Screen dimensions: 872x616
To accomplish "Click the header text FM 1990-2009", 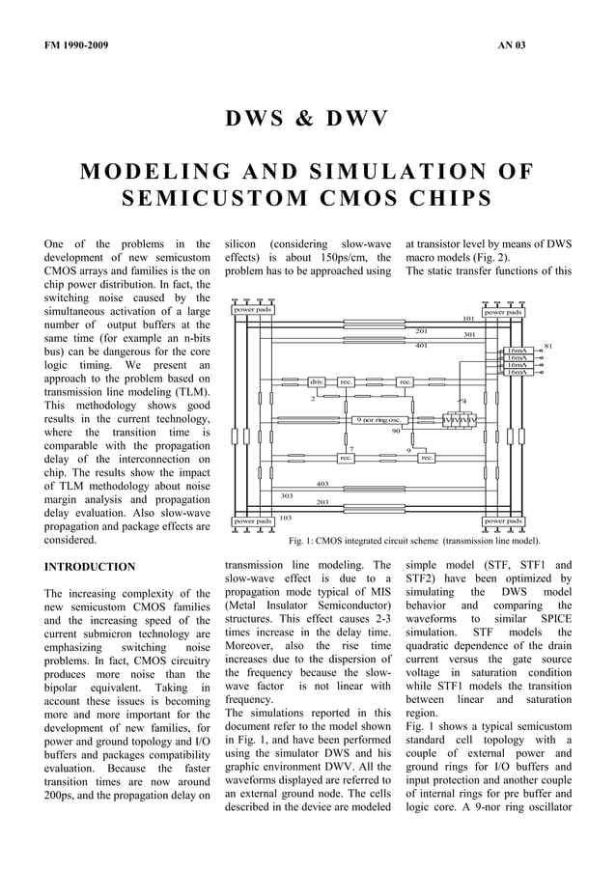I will coord(76,45).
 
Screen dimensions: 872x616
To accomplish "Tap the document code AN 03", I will coord(512,45).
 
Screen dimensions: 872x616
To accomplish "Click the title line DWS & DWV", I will coord(307,119).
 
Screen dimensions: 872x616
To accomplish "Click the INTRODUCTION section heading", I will coord(90,566).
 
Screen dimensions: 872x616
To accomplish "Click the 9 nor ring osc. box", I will coord(379,420).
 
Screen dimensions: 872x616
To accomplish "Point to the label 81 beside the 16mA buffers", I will coord(548,344).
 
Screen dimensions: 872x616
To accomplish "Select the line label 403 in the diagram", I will coord(322,484).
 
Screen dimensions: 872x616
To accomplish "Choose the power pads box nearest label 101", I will coord(503,312).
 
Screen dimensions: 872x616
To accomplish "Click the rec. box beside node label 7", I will coord(345,458).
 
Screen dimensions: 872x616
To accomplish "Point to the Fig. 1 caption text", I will coord(414,541).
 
